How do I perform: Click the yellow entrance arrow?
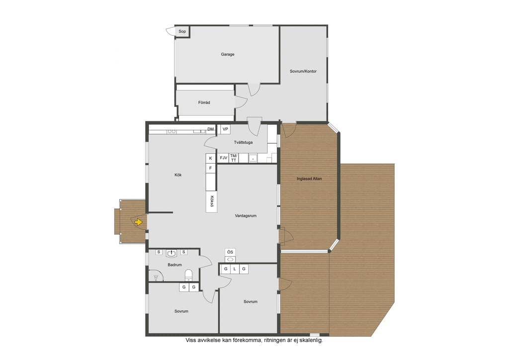pos(138,222)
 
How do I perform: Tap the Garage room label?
pos(228,54)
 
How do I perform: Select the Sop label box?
pos(182,31)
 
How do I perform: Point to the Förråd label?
pos(204,102)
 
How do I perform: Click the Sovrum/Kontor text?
pos(303,71)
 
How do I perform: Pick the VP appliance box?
pos(225,129)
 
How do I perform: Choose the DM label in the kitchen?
pos(211,129)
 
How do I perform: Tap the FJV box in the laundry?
pos(223,158)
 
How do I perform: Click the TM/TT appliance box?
pos(234,158)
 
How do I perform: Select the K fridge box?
pos(211,159)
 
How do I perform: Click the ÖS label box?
pos(230,252)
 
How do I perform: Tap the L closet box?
pos(235,269)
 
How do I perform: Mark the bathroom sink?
pos(171,253)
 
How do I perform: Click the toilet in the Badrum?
pos(188,275)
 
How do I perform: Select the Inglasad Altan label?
pos(309,179)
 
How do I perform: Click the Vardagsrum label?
pos(246,215)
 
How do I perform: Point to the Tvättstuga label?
pos(243,142)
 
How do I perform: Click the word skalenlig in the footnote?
pos(311,341)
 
